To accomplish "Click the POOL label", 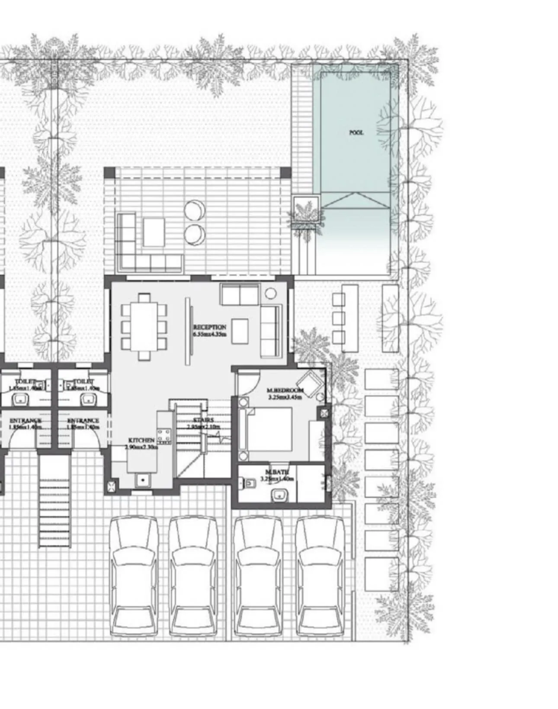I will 356,133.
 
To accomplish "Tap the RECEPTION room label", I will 209,330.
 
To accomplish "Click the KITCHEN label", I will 141,443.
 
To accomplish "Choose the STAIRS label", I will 203,423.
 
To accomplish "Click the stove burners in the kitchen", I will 164,436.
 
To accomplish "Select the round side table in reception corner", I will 270,294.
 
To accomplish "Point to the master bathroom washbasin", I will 279,495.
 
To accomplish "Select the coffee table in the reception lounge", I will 240,331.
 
